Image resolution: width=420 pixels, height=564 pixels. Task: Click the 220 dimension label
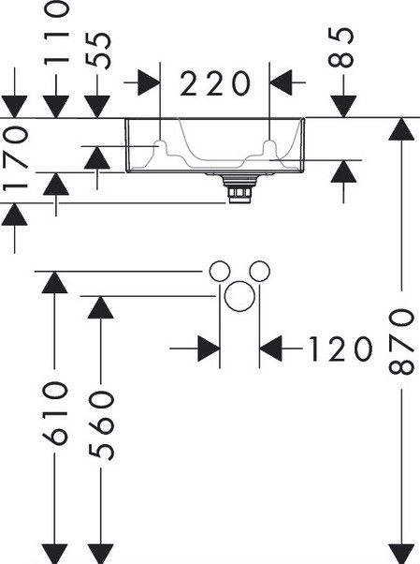coord(214,83)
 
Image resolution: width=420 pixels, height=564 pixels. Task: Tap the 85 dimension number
coord(341,48)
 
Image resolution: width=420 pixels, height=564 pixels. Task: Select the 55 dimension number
coord(99,51)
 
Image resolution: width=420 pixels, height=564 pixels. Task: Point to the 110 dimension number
coord(56,33)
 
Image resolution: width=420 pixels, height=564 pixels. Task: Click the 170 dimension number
coord(15,158)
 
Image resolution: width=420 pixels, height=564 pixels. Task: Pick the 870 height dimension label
coord(401,342)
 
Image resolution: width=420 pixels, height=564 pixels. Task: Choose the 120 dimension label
coord(340,349)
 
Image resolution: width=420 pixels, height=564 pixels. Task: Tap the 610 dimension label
coord(55,414)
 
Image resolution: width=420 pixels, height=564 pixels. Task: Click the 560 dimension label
coord(101,425)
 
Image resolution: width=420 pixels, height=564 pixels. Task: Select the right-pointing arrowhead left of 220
coord(149,82)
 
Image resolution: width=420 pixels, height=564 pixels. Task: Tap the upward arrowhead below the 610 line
coord(54,282)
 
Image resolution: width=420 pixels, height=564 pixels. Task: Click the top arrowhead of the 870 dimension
coord(401,128)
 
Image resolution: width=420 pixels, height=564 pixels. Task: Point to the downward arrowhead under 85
coord(344,107)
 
